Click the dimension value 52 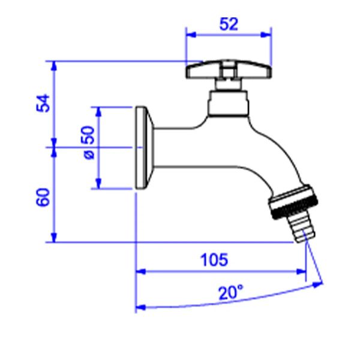coord(229,23)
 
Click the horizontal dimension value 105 coord(214,260)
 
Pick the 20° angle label coord(230,293)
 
